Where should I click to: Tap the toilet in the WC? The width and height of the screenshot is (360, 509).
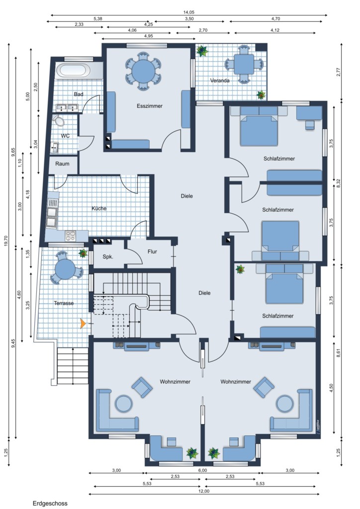pos(59,120)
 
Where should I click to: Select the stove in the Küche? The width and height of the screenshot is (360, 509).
pos(71,236)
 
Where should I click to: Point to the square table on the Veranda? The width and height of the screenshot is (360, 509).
pos(244,64)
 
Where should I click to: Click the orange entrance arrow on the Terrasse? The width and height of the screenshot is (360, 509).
pos(83,323)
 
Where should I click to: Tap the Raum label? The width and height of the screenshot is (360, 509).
pos(62,164)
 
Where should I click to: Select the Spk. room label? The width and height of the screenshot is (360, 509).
pos(108,257)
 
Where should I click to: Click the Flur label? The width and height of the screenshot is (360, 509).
pos(152,251)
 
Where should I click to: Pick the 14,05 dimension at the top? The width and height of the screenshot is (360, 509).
pos(188,12)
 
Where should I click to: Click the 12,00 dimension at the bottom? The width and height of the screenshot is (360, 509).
pos(203,491)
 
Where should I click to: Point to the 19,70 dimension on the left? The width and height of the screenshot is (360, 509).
pos(5,241)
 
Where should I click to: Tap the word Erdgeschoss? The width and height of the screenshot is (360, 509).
pos(50,504)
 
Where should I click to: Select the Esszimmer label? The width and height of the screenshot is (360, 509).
pos(150,106)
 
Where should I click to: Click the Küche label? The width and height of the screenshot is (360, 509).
pos(99,208)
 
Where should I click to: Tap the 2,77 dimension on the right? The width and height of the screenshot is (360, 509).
pos(339,72)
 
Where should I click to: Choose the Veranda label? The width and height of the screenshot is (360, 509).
pos(220,81)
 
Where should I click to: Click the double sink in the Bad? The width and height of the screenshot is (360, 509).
pos(67,107)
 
